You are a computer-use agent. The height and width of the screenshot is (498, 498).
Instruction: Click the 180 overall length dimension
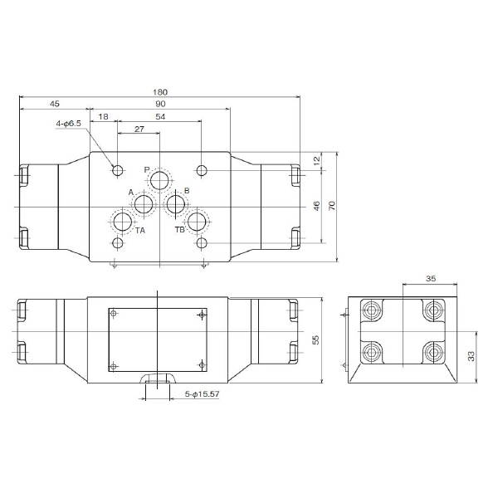[x=161, y=91]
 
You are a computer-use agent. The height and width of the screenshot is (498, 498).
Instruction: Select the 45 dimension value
[x=54, y=104]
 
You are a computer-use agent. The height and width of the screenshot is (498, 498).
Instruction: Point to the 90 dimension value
[x=161, y=104]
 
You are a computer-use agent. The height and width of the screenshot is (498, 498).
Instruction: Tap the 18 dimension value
[x=103, y=118]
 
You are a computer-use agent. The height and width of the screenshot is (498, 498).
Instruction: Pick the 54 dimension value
[x=161, y=118]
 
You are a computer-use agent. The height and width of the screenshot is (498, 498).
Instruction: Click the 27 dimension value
[x=139, y=129]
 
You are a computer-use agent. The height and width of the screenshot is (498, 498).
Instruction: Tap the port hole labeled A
[x=144, y=204]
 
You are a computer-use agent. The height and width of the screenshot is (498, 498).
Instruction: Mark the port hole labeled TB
[x=197, y=222]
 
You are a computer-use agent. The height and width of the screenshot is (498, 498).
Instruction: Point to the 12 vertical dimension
[x=315, y=160]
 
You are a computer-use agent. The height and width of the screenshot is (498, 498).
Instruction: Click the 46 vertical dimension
[x=315, y=205]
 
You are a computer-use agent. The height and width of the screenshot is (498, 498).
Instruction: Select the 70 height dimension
[x=332, y=205]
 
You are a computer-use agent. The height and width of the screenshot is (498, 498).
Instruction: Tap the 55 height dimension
[x=315, y=340]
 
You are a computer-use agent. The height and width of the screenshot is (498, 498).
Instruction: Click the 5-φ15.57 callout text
[x=202, y=394]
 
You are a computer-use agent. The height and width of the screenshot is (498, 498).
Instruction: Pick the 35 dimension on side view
[x=430, y=278]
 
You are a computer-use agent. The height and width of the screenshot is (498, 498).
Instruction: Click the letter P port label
[x=147, y=170]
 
